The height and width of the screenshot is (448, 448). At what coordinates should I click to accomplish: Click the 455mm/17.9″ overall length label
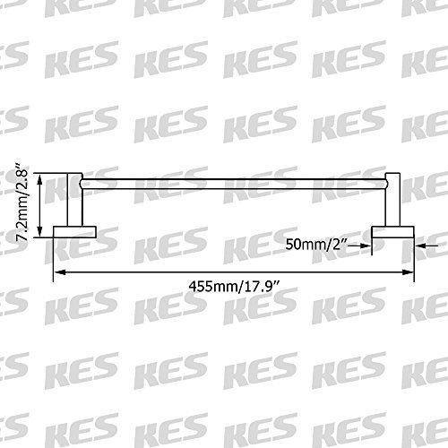click(x=235, y=287)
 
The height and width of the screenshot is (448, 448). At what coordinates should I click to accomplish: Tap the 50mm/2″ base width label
click(x=316, y=245)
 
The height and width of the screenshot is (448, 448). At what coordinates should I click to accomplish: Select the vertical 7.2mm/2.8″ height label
click(x=22, y=202)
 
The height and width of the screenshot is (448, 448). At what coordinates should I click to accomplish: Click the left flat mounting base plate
click(x=74, y=232)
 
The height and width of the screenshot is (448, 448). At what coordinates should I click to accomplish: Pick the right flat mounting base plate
click(x=392, y=232)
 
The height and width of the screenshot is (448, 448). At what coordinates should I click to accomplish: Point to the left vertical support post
click(x=74, y=200)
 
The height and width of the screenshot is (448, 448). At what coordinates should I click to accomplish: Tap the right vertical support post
click(x=392, y=200)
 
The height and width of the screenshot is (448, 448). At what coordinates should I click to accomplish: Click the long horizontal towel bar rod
click(x=234, y=184)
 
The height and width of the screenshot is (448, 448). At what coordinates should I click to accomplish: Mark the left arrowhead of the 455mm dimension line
click(x=59, y=272)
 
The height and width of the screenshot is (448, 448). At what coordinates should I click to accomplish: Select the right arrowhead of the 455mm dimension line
click(x=409, y=272)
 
